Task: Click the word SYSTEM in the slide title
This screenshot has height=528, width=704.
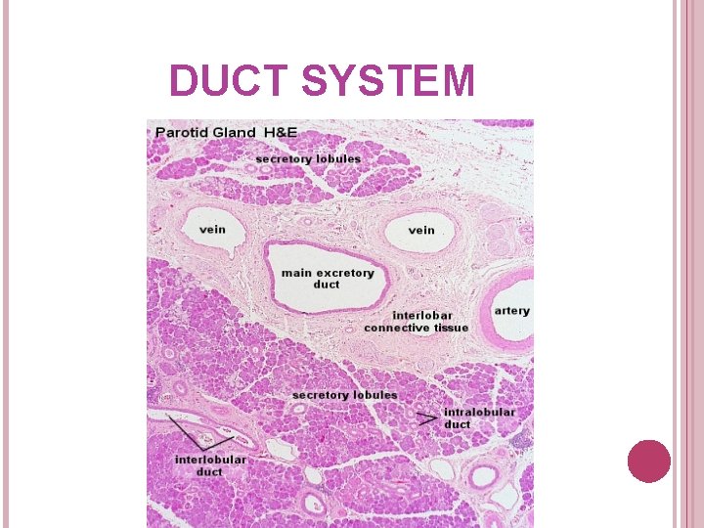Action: (388, 81)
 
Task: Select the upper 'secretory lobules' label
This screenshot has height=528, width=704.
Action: (308, 158)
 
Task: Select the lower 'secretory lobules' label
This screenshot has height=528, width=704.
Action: (345, 395)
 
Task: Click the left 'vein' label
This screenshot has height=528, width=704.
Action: (212, 230)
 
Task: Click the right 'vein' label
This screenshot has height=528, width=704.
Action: (421, 230)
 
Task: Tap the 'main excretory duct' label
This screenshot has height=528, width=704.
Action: (328, 278)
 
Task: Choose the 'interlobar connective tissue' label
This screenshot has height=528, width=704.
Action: (417, 322)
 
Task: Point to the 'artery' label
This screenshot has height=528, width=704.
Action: (511, 311)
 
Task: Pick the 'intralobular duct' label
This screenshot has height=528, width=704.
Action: (479, 418)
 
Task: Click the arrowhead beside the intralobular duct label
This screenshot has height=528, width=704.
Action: (427, 418)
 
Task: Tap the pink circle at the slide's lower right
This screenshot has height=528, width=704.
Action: (649, 462)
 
